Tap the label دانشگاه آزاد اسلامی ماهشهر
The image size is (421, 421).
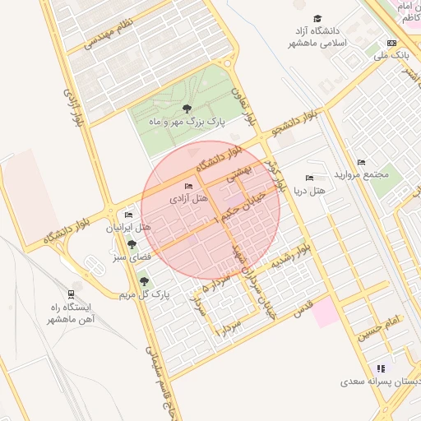click(x=317, y=36)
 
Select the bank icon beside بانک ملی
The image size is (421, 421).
click(x=391, y=43)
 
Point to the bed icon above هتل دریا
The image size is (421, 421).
click(x=309, y=178)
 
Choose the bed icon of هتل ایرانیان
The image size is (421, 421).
click(x=128, y=215)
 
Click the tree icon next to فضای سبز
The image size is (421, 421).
click(x=132, y=244)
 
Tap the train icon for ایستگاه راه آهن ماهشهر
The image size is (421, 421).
click(x=72, y=294)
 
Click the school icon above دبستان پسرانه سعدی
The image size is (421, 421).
click(x=380, y=368)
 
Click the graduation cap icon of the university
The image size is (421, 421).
click(x=317, y=18)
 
